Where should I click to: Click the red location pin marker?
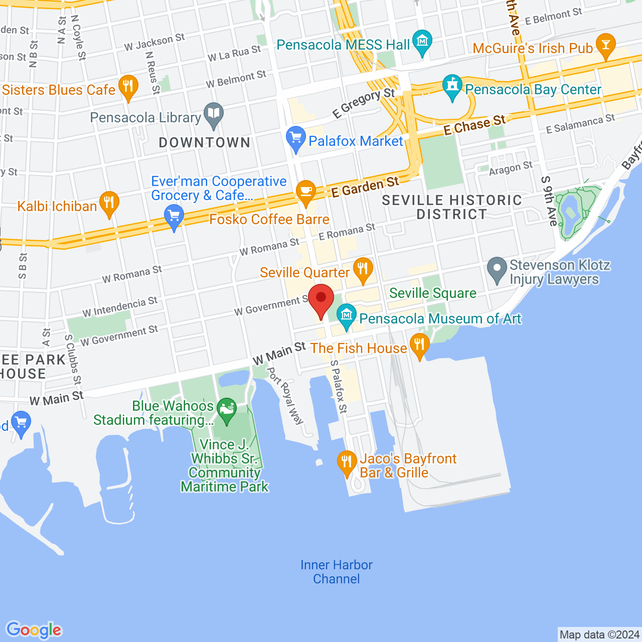point(320,299)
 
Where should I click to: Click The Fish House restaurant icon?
point(420,345)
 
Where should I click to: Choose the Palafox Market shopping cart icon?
point(295,138)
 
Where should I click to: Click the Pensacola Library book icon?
point(214,114)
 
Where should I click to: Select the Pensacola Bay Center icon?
point(452,86)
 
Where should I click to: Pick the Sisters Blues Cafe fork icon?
point(128,87)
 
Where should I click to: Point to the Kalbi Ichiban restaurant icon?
point(109,203)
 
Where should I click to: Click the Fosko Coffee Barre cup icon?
point(305,192)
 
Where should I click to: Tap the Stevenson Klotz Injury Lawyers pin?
point(497,269)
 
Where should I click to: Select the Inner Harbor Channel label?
point(337,572)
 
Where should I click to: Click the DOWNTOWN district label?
point(205,143)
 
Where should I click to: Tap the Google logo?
point(34,629)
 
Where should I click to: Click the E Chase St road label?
point(474,125)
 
